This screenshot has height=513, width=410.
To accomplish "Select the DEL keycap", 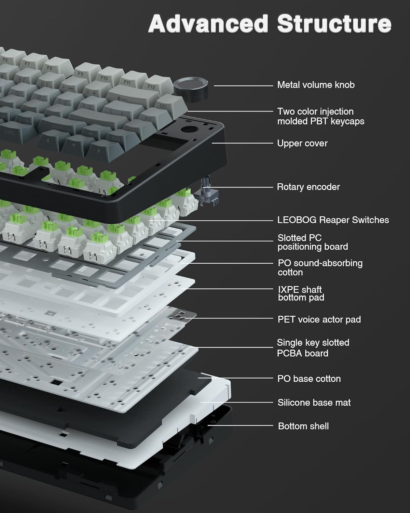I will [x=165, y=105].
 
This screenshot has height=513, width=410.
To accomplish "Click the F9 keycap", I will [x=82, y=73].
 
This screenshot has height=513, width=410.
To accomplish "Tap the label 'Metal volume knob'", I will [x=316, y=85].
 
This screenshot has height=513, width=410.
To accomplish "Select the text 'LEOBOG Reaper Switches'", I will [x=333, y=220].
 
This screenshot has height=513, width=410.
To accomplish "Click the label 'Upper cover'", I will [x=302, y=143].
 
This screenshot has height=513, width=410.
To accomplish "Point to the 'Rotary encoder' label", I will [x=308, y=187].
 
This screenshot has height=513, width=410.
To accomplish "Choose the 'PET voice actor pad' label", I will [x=319, y=319].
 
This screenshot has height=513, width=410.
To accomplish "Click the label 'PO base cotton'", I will [x=309, y=379].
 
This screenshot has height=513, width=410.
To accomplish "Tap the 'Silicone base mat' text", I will [x=314, y=403].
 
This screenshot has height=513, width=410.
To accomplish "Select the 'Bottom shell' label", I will [x=303, y=426].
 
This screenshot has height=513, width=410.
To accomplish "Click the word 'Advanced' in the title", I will [x=208, y=24].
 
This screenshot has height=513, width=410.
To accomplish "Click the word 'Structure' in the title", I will [x=334, y=24].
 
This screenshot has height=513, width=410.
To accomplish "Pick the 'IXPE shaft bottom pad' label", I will [x=301, y=294].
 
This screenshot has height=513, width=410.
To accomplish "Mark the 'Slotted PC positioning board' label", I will [x=312, y=242].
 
